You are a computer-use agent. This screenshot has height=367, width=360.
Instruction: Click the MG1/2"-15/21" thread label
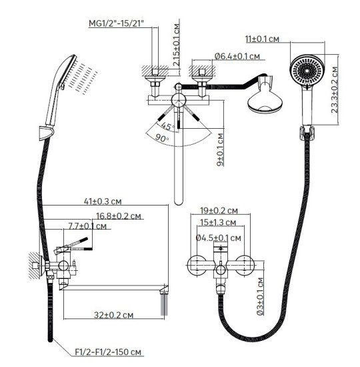click(116, 23)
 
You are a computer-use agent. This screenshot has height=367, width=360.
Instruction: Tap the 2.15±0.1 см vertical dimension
click(177, 45)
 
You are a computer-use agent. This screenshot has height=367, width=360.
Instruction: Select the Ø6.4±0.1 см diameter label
click(237, 56)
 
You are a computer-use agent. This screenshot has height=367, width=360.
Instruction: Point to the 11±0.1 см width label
click(262, 39)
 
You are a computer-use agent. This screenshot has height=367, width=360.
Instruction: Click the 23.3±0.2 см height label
click(335, 90)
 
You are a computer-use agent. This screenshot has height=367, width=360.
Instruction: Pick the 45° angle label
click(167, 126)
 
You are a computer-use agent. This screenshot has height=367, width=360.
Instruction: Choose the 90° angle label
click(161, 138)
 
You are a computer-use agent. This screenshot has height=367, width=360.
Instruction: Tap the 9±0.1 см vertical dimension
click(220, 149)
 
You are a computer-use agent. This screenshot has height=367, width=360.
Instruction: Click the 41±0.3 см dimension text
click(103, 202)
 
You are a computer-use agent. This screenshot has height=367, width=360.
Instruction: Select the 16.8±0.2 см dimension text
click(119, 216)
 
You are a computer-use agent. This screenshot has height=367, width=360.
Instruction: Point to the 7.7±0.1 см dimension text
click(87, 226)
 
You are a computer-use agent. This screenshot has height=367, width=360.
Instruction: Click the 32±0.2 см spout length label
click(114, 315)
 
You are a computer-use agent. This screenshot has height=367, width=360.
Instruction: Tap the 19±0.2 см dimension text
click(219, 211)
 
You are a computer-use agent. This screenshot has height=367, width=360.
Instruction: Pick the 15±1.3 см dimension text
click(218, 222)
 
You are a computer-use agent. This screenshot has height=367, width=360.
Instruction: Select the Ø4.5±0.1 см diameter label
click(218, 238)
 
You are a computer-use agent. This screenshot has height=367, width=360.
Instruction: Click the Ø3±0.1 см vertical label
click(260, 296)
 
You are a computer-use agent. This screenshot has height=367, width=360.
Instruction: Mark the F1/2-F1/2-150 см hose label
click(108, 352)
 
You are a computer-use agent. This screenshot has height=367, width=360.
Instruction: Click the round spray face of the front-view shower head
click(307, 70)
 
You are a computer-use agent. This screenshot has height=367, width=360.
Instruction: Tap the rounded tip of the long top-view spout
click(179, 202)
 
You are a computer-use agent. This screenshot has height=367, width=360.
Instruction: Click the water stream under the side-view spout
click(164, 305)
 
